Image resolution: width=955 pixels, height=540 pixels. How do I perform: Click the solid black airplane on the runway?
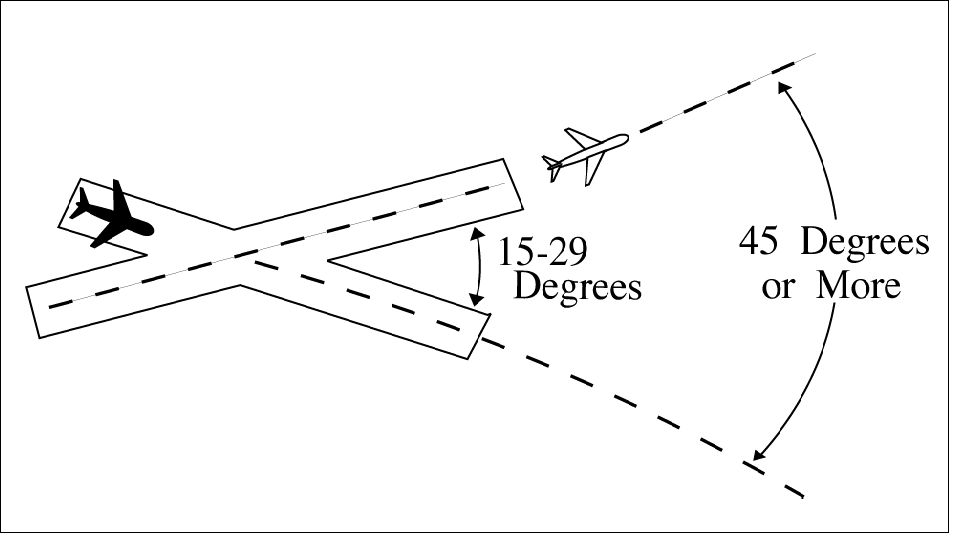[x=111, y=214]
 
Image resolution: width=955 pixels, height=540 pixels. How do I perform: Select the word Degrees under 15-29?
[x=577, y=287]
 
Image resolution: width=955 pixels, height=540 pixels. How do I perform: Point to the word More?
[x=859, y=286]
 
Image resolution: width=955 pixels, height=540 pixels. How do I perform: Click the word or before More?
[x=779, y=288]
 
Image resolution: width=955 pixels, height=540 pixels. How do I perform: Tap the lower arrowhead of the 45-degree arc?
[x=757, y=457]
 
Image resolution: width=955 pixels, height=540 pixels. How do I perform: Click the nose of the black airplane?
[x=149, y=227]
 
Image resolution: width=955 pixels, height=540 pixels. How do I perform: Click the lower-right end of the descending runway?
[x=478, y=336]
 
